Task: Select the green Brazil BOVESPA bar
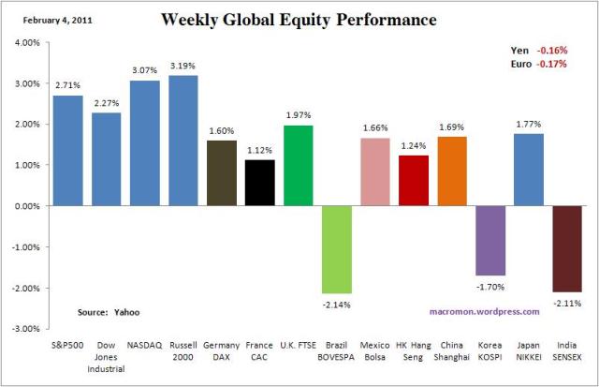coord(337,249)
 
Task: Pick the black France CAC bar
coord(260,183)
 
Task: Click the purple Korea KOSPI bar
coord(490,240)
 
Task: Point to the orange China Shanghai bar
coord(452,171)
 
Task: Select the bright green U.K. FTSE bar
coord(299,166)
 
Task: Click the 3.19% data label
coord(183,66)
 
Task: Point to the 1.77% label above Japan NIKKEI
coord(529,124)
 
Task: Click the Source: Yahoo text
coord(104,311)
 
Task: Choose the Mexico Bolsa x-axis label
coord(375,350)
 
